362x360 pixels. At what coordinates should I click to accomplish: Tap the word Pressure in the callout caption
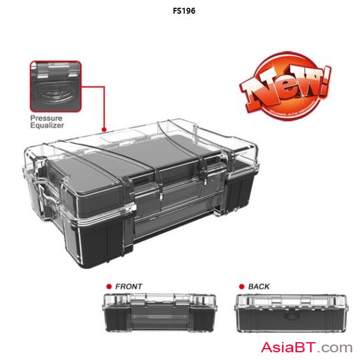coord(46,118)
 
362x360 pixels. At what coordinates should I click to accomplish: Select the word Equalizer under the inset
coord(48,125)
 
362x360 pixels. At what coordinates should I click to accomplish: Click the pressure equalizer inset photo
coord(55,86)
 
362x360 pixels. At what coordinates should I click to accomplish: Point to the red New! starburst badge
coord(284,88)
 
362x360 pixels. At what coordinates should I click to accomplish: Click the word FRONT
coord(128,287)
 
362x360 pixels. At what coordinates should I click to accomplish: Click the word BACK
coord(259,287)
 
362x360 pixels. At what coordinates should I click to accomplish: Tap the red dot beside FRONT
coord(109,287)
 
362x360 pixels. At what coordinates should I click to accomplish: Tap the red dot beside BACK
coord(242,287)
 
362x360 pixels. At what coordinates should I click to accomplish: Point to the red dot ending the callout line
coord(104,129)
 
